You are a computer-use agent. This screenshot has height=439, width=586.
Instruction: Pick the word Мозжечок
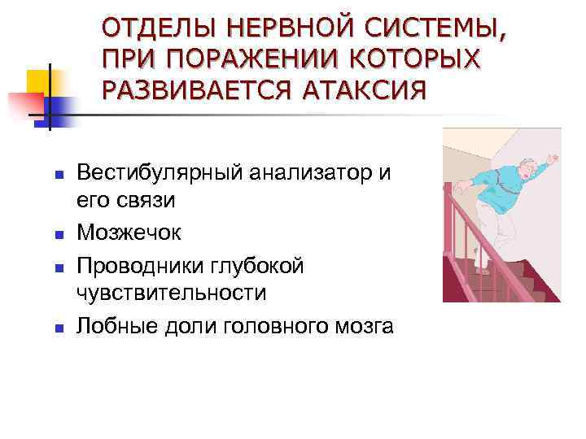pyautogui.click(x=129, y=233)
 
